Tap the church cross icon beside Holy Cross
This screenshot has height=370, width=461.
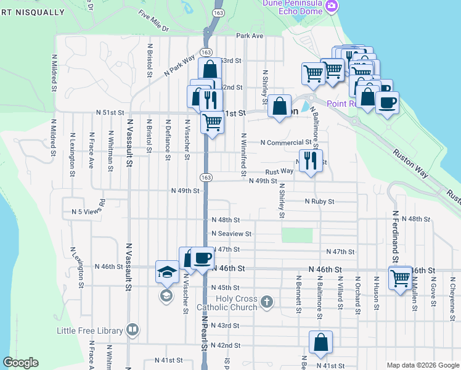[x=266, y=302]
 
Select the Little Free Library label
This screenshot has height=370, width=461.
[x=89, y=331]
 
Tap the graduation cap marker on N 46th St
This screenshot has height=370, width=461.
[x=166, y=272]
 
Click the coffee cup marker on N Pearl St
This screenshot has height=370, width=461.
[x=202, y=258]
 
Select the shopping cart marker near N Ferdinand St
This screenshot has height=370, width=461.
[x=400, y=278]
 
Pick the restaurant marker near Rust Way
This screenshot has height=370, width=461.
[x=311, y=161]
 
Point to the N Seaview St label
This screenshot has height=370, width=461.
[x=231, y=234]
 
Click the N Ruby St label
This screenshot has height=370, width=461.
[x=319, y=202]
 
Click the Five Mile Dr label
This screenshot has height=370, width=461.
[x=153, y=21]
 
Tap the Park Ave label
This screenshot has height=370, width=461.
[x=249, y=36]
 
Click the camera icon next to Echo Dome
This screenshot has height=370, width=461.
[x=332, y=6]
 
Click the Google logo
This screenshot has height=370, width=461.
[x=20, y=363]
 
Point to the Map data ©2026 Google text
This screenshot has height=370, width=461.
[x=423, y=365]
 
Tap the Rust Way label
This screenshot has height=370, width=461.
[x=279, y=172]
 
